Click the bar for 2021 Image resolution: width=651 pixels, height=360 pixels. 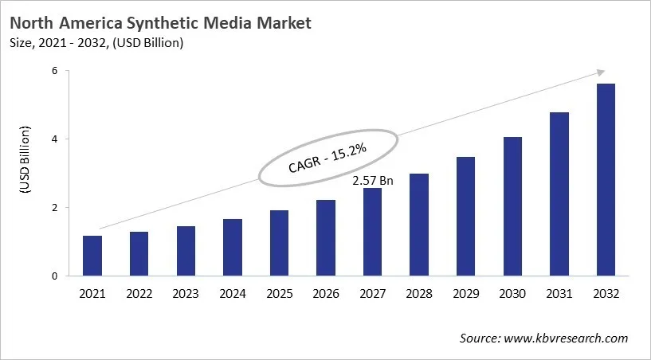tap(92, 256)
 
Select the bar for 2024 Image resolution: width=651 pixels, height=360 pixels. tap(233, 247)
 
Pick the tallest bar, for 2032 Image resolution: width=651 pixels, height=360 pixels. tap(606, 179)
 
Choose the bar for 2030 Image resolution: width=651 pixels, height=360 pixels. tap(512, 206)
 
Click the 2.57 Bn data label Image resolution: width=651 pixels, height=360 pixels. tap(373, 181)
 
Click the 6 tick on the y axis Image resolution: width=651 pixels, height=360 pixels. tap(55, 71)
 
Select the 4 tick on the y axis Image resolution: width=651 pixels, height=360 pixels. tap(55, 139)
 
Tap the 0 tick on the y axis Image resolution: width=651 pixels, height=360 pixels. tap(55, 276)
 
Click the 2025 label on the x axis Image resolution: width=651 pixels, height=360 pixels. tap(279, 295)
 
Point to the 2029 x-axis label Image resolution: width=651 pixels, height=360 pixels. tap(466, 295)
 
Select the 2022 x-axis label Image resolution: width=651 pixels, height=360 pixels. tap(139, 295)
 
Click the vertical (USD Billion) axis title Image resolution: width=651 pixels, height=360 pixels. tap(25, 159)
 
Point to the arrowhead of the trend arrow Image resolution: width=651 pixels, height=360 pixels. tap(602, 73)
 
